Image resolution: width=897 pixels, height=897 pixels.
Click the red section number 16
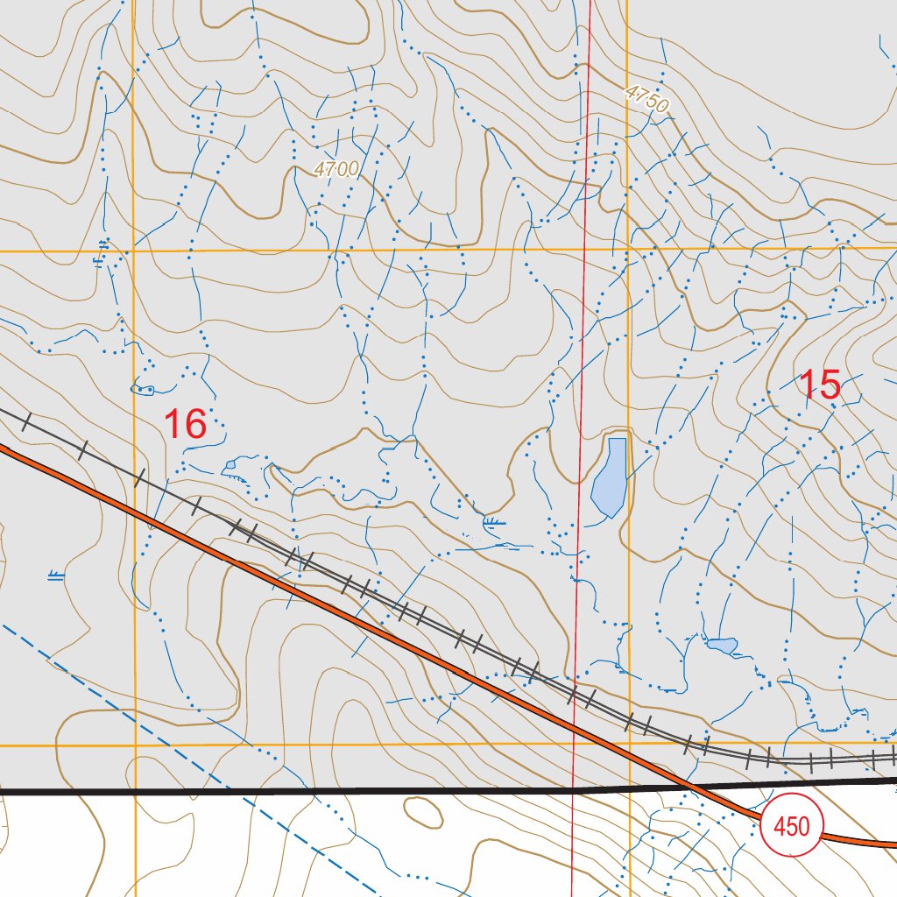(x=185, y=424)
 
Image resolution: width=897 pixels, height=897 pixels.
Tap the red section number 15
(x=820, y=385)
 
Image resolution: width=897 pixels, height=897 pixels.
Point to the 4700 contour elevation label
(x=335, y=169)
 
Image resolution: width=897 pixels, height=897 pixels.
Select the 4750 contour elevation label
(x=647, y=99)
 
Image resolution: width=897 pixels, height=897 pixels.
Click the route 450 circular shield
(x=792, y=826)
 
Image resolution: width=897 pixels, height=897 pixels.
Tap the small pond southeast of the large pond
(x=722, y=646)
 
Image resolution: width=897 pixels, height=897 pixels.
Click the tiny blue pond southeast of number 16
(x=230, y=464)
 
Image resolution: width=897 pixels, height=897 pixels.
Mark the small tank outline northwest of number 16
(x=142, y=388)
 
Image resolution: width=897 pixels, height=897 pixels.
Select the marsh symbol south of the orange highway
(x=56, y=576)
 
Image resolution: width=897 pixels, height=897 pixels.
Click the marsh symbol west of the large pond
(x=494, y=525)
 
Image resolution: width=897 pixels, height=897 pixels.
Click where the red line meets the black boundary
(x=574, y=789)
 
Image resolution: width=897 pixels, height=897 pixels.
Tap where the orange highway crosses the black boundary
(x=692, y=786)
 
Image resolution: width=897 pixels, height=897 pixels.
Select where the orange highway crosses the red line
(x=575, y=726)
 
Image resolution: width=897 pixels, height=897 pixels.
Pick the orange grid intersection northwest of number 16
(x=133, y=251)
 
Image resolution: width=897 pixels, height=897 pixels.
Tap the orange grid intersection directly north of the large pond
(x=627, y=250)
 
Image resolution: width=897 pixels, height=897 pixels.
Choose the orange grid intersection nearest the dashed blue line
(x=135, y=745)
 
